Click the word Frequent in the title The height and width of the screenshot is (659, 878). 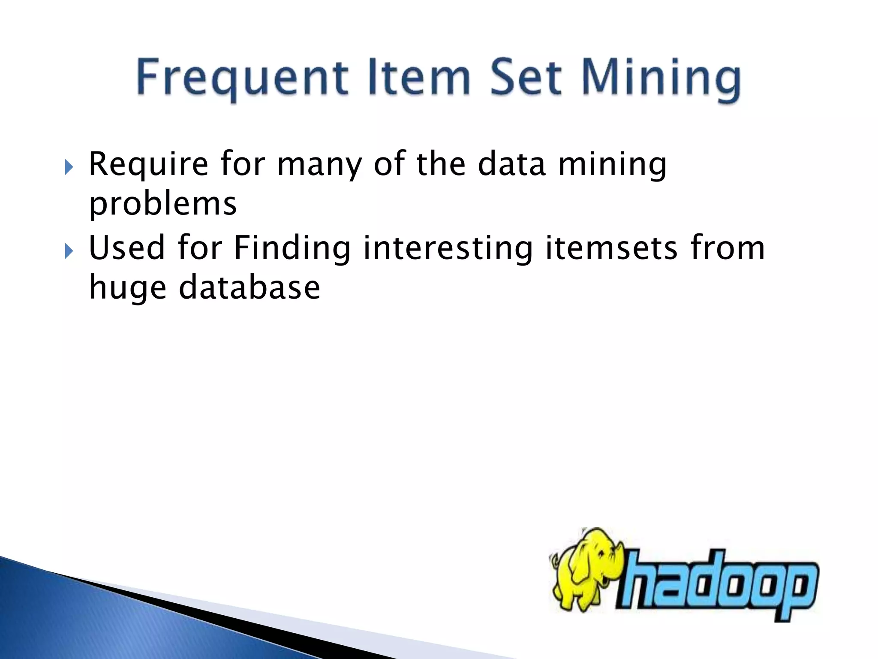click(242, 78)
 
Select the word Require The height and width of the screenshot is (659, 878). click(148, 165)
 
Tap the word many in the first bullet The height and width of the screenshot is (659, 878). click(319, 165)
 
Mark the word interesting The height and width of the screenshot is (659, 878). click(448, 249)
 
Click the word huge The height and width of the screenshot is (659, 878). click(127, 288)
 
